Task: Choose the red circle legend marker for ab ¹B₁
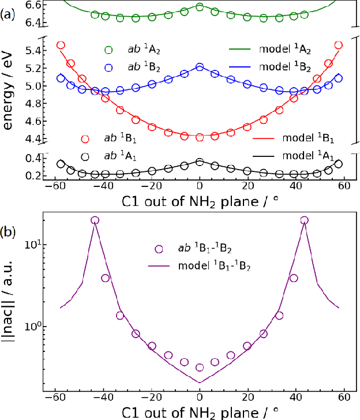point(85,138)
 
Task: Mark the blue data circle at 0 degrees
point(200,67)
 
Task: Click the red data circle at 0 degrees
point(200,137)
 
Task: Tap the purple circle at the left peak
point(95,220)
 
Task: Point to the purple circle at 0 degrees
point(200,367)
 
